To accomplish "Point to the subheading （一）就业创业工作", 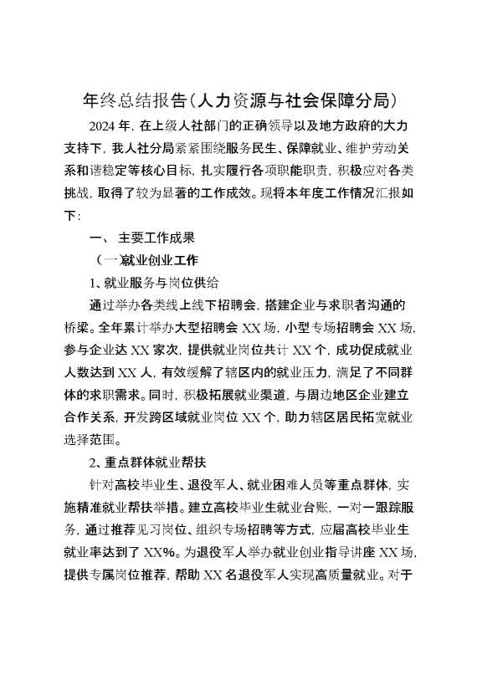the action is click(147, 259).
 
